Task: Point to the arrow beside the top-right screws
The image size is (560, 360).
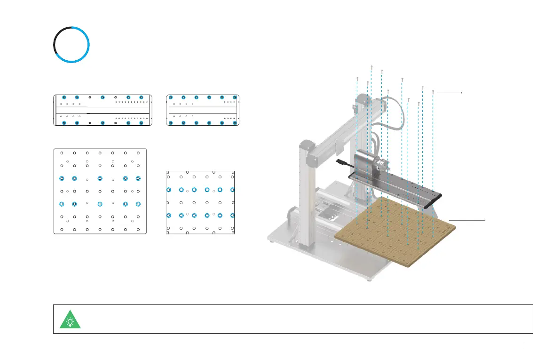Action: [x=450, y=93]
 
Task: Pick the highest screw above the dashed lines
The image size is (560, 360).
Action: [x=372, y=67]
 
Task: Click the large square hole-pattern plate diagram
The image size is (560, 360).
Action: [x=100, y=191]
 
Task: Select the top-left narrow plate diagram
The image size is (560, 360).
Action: [x=103, y=110]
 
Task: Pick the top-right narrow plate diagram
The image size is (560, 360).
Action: [x=203, y=110]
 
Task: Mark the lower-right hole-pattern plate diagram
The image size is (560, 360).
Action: [x=201, y=202]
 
